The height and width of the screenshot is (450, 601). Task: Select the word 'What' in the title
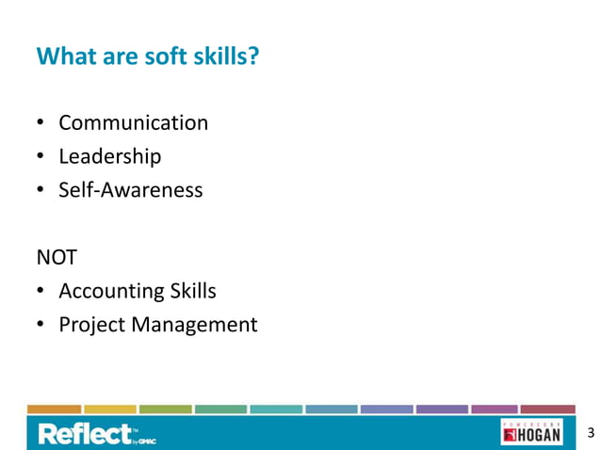click(61, 57)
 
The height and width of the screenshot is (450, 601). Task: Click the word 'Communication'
click(133, 123)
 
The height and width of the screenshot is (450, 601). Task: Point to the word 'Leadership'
click(109, 156)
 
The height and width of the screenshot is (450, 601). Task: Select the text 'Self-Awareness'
click(130, 190)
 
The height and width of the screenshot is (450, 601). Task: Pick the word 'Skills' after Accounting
click(193, 291)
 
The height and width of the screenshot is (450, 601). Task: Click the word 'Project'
click(91, 325)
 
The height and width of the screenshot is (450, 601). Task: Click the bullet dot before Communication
click(41, 124)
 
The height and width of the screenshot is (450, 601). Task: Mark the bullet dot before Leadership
click(41, 157)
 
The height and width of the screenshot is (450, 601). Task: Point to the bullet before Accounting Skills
click(41, 292)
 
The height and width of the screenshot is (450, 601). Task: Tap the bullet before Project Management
click(41, 326)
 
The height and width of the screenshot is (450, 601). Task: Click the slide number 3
click(590, 433)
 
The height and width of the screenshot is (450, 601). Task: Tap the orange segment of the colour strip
click(54, 410)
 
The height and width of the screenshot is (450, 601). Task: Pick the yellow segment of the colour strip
click(109, 410)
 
